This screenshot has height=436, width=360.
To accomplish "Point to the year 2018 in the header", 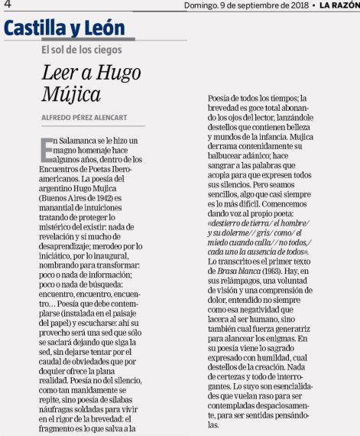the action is pos(287,5).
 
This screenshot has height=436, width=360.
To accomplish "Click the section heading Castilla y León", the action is pos(64,29).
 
